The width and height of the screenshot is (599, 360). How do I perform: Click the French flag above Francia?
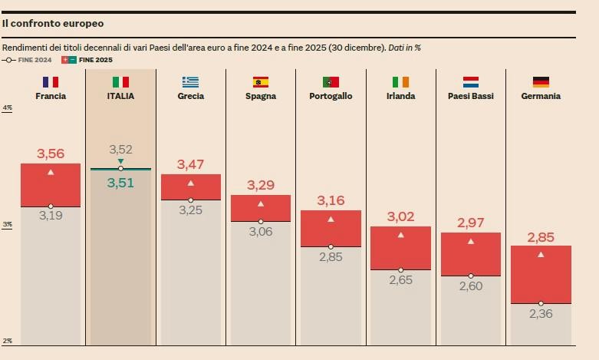pyautogui.click(x=51, y=81)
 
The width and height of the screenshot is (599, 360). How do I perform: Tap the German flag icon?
pyautogui.click(x=541, y=81)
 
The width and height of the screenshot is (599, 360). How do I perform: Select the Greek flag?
pyautogui.click(x=190, y=81)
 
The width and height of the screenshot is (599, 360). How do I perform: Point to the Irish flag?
pyautogui.click(x=400, y=81)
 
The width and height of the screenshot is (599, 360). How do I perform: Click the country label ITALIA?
pyautogui.click(x=120, y=97)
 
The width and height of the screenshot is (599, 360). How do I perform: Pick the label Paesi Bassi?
pyautogui.click(x=471, y=97)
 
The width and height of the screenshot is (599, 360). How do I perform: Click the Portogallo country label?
pyautogui.click(x=331, y=97)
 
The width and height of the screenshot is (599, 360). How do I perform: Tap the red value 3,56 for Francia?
pyautogui.click(x=51, y=154)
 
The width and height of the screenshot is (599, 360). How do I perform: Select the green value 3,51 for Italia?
pyautogui.click(x=120, y=183)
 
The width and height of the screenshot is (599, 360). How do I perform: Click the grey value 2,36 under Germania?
pyautogui.click(x=541, y=313)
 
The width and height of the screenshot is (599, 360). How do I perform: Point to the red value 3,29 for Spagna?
pyautogui.click(x=261, y=185)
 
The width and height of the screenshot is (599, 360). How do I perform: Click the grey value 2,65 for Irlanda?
pyautogui.click(x=400, y=279)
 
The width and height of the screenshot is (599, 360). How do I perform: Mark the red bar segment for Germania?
pyautogui.click(x=541, y=274)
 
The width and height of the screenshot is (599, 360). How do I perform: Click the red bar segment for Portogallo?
pyautogui.click(x=331, y=228)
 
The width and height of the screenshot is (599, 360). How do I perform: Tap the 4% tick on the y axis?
pyautogui.click(x=8, y=108)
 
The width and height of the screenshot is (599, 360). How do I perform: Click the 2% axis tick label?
pyautogui.click(x=8, y=341)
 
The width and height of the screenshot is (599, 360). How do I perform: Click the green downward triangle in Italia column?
pyautogui.click(x=120, y=161)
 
